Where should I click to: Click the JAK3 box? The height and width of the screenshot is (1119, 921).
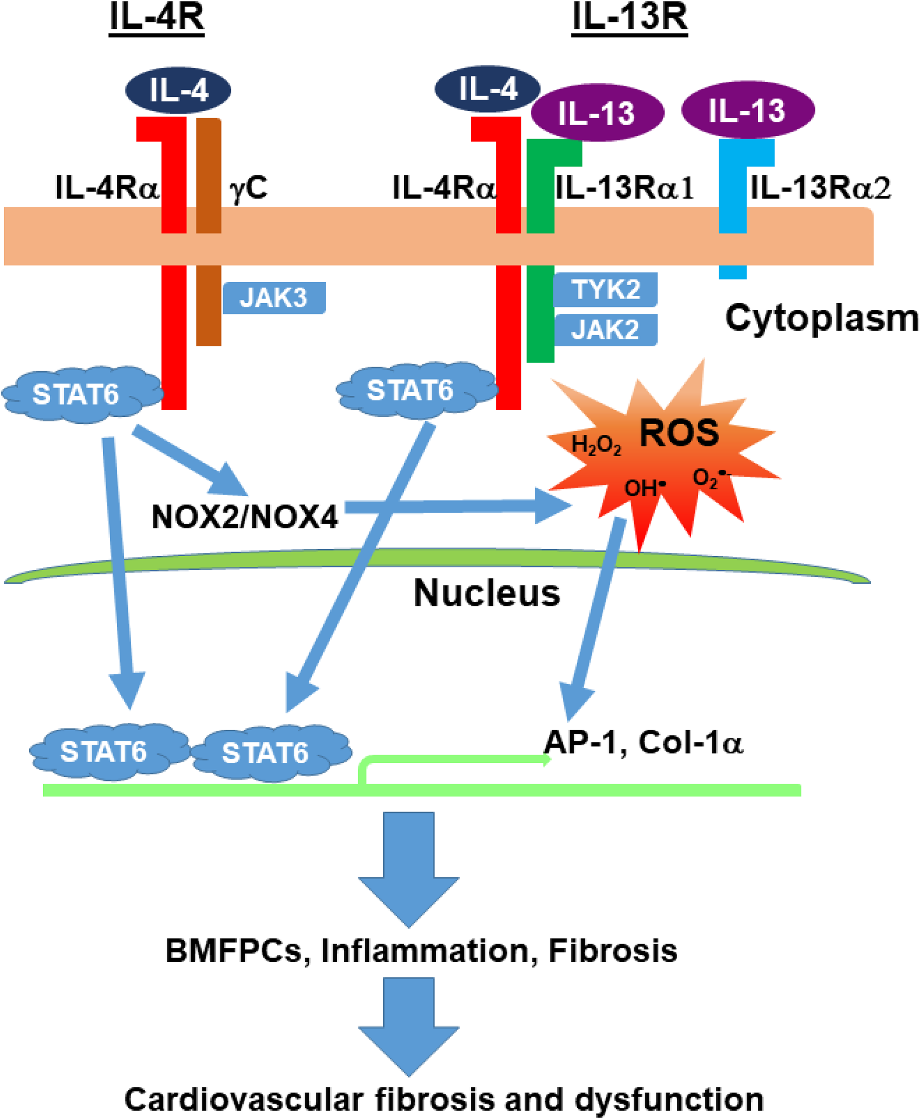click(274, 298)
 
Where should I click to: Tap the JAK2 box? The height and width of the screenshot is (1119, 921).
click(605, 330)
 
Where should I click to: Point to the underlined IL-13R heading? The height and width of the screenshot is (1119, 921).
click(630, 19)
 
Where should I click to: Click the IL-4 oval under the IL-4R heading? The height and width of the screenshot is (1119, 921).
click(178, 90)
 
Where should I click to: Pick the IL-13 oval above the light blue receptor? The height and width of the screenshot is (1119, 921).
click(748, 110)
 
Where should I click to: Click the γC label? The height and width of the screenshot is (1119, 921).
click(248, 188)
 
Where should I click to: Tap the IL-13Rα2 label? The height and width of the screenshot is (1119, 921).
click(820, 188)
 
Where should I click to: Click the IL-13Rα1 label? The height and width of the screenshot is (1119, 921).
click(624, 188)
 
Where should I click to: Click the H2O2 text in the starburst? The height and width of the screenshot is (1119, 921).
click(596, 446)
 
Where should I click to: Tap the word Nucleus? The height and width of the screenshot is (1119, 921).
click(487, 593)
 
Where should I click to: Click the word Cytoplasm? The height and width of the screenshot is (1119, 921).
click(822, 318)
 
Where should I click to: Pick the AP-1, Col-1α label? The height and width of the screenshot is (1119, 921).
click(643, 742)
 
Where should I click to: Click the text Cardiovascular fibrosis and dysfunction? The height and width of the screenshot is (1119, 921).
click(444, 1099)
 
